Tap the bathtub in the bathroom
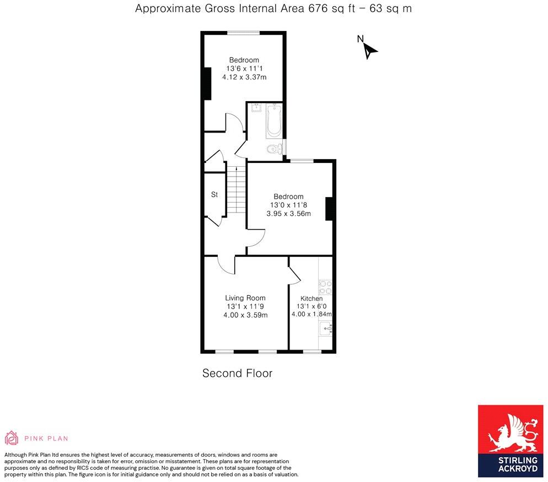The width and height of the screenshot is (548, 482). tap(273, 121)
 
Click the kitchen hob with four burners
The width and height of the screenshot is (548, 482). tap(325, 289)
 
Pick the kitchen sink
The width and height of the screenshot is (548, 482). tap(326, 329)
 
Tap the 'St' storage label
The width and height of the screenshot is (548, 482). tap(214, 195)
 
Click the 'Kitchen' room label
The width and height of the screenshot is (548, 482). tap(311, 299)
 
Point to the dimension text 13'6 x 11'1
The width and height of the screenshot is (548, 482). tap(244, 68)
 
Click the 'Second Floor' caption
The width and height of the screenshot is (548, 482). tap(237, 373)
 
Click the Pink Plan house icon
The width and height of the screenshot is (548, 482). tap(12, 438)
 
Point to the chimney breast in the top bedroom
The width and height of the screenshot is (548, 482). tap(207, 83)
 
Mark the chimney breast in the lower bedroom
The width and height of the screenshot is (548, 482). tap(329, 209)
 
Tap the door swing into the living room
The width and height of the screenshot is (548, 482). tap(226, 264)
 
